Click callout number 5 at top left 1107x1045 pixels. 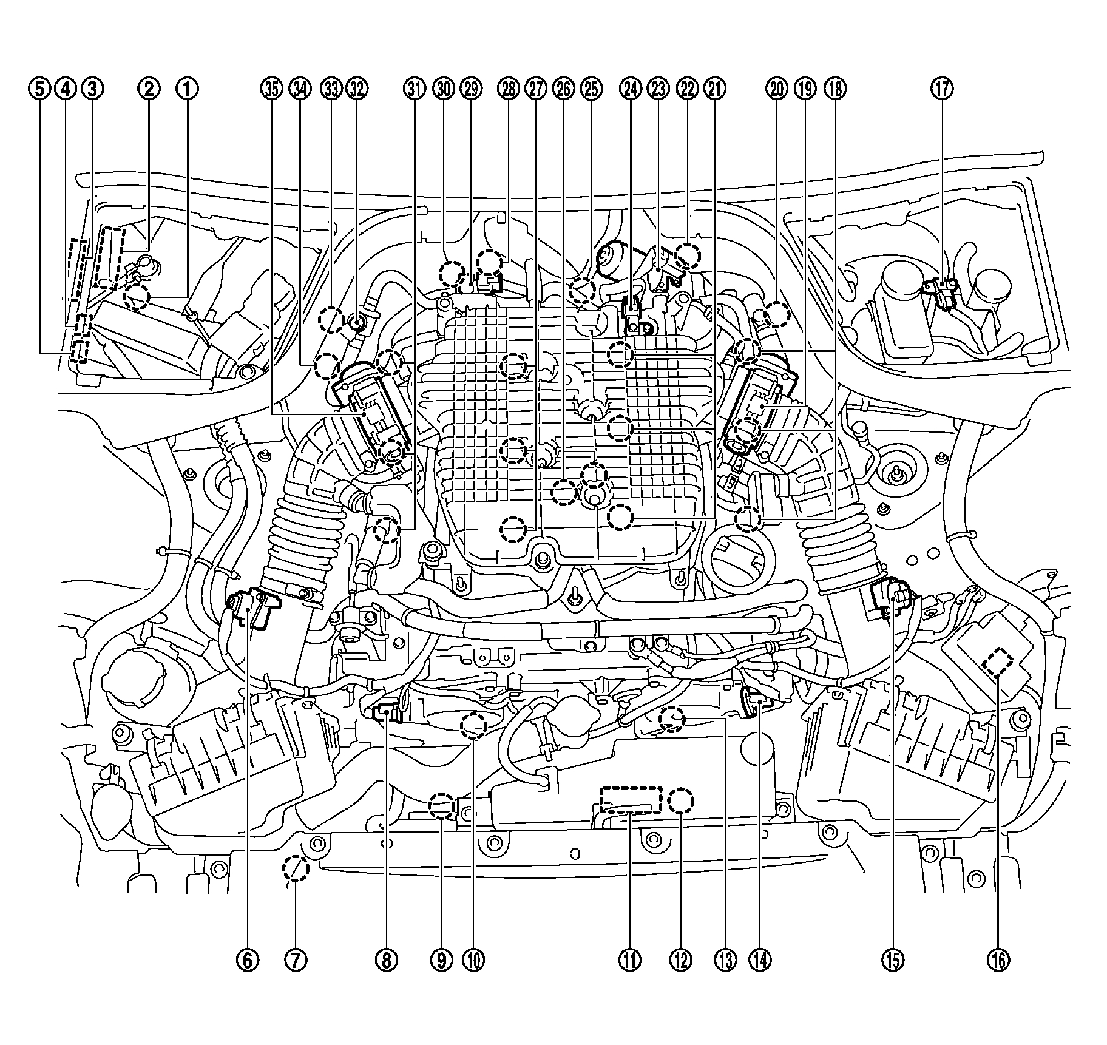[x=38, y=89]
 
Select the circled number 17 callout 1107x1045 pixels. [x=941, y=89]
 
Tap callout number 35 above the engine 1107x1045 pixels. [x=273, y=89]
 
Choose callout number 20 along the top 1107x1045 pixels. [x=777, y=89]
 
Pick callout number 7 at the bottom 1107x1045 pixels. [x=296, y=959]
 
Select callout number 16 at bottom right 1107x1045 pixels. [x=999, y=959]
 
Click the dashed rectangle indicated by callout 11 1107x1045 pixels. [x=630, y=800]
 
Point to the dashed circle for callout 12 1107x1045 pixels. [x=680, y=801]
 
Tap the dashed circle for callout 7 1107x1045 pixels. [x=296, y=869]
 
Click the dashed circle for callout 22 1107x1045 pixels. [x=688, y=255]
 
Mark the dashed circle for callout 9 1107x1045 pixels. [x=442, y=806]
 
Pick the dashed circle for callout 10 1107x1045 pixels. [x=474, y=726]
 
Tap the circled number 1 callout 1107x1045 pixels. [x=187, y=89]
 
